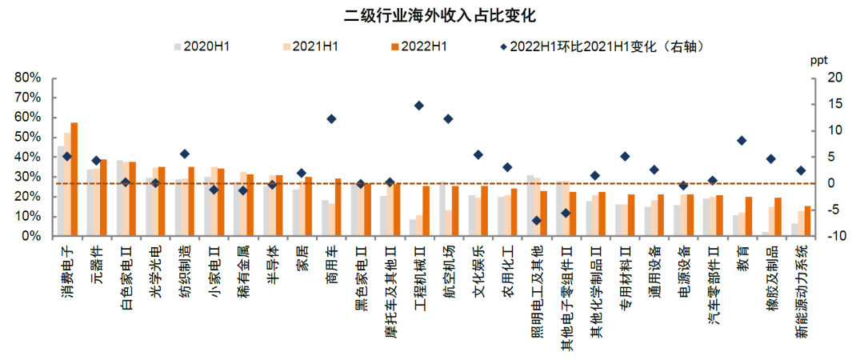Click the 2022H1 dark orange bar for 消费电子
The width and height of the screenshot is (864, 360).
click(74, 179)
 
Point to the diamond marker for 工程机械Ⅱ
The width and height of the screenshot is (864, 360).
click(418, 106)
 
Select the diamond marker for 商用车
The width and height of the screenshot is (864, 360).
click(331, 119)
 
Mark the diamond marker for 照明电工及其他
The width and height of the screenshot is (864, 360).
click(536, 221)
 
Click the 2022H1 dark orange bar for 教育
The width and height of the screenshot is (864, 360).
click(749, 217)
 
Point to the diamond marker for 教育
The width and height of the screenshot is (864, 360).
click(742, 141)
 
